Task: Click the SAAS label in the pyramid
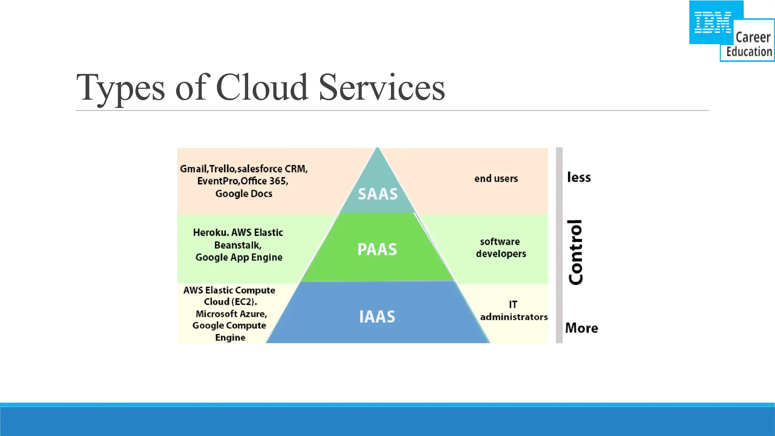(378, 194)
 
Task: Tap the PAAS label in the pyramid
(377, 249)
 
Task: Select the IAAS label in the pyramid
(377, 317)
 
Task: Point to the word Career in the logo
(753, 37)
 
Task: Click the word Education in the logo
(749, 52)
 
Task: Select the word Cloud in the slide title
(262, 87)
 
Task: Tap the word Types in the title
(121, 88)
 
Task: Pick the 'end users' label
(496, 179)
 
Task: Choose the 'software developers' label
(501, 248)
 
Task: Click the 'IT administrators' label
(514, 311)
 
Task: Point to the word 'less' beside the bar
(579, 177)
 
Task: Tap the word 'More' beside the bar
(581, 328)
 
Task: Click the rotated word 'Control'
(576, 252)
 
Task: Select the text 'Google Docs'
(244, 194)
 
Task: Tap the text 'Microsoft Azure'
(231, 314)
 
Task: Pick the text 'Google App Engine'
(239, 257)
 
